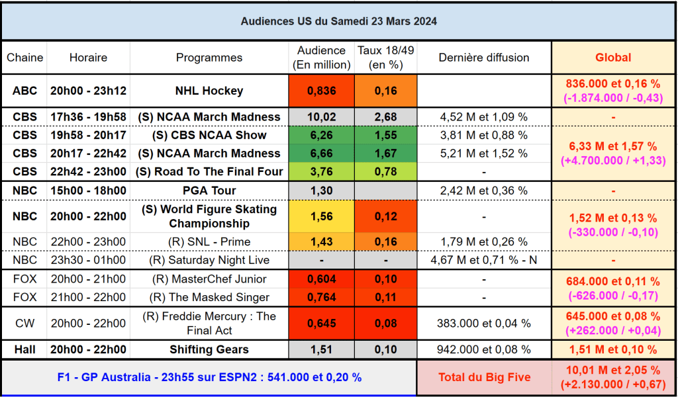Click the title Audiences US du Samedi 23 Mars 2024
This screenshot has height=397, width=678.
[338, 21]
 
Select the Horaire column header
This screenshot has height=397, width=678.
[88, 58]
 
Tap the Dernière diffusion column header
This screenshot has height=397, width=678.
[484, 58]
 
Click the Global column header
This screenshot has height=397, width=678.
[613, 58]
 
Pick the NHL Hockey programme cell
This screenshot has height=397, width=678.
[209, 91]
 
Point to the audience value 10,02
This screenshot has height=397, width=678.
[322, 117]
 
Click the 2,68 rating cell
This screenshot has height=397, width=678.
[385, 117]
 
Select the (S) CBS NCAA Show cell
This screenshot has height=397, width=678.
[209, 135]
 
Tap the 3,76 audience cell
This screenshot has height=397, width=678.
[322, 172]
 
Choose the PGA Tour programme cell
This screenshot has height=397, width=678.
[209, 191]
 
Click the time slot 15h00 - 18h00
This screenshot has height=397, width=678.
[88, 191]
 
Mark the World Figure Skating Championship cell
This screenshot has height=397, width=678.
[209, 216]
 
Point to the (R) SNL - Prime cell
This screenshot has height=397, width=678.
[209, 242]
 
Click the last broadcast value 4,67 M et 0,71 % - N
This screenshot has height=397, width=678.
[484, 260]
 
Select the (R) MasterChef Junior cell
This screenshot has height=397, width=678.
[209, 279]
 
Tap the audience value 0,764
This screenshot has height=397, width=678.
[322, 297]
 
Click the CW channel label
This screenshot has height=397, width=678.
[24, 323]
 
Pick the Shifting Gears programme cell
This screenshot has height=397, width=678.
[209, 349]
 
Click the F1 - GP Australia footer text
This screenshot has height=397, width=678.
[209, 377]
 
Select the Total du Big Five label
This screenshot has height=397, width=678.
[484, 377]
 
